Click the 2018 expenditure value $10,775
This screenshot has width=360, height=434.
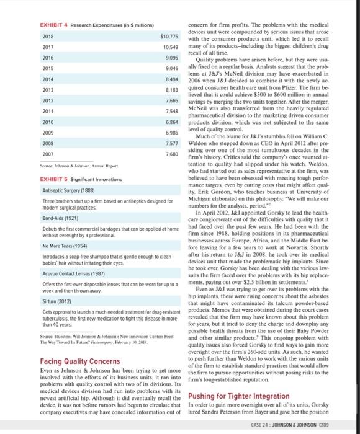169,36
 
